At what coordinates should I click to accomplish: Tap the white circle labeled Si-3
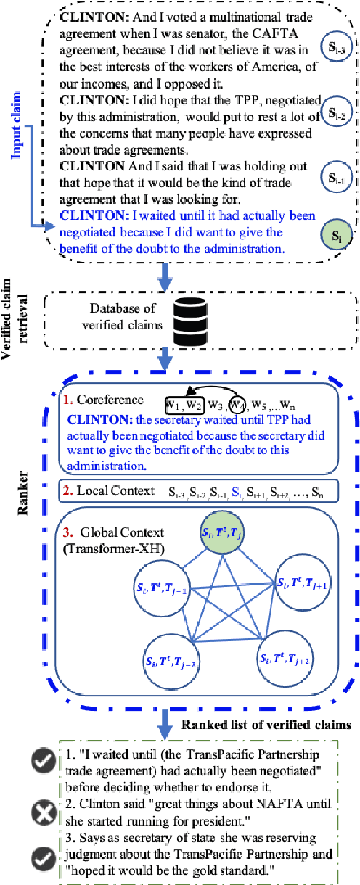click(x=336, y=44)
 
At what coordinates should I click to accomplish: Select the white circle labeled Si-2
click(x=336, y=112)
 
